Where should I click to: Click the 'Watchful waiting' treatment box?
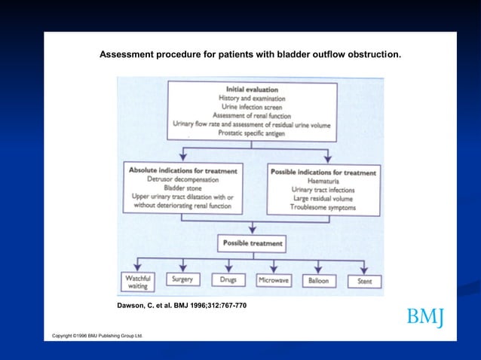tap(137, 281)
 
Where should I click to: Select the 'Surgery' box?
tap(182, 279)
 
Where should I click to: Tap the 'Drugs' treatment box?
tap(228, 279)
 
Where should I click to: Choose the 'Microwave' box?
tap(273, 280)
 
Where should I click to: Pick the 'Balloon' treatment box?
tap(318, 280)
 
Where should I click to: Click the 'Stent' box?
tap(363, 281)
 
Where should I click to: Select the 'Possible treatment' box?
tap(253, 243)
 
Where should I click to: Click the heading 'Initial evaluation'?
tap(253, 89)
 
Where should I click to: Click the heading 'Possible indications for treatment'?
tap(323, 172)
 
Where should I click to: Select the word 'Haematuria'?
tap(323, 181)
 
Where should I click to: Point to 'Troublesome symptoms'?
tap(323, 206)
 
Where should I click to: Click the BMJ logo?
tap(425, 318)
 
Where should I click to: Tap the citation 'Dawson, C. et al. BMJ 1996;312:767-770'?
tap(182, 307)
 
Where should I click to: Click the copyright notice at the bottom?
tap(97, 334)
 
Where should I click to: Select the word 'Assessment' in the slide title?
tap(126, 55)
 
